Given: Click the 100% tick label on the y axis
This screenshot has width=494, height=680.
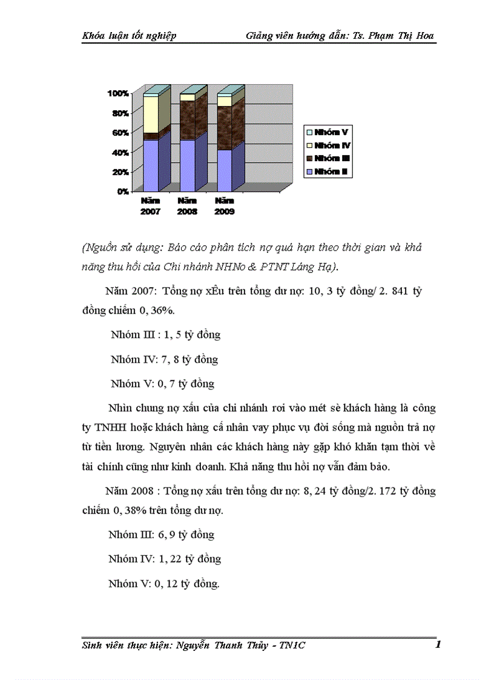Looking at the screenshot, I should pos(118,93).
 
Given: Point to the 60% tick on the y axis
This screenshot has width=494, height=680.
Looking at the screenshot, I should pos(120,133).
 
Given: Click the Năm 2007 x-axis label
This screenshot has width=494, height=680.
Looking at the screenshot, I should pos(151,206).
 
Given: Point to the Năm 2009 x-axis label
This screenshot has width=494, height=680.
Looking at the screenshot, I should pos(225,206).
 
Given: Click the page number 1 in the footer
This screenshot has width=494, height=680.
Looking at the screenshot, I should pos(437,645).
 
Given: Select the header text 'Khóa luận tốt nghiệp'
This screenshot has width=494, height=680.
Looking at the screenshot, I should pos(129,36).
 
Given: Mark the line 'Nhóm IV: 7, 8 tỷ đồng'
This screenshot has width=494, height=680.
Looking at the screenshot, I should pos(164,359).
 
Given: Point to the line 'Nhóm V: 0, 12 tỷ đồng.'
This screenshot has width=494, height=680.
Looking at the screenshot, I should pos(163,584).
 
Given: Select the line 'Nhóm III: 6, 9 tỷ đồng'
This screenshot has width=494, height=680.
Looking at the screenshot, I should pos(161,535).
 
